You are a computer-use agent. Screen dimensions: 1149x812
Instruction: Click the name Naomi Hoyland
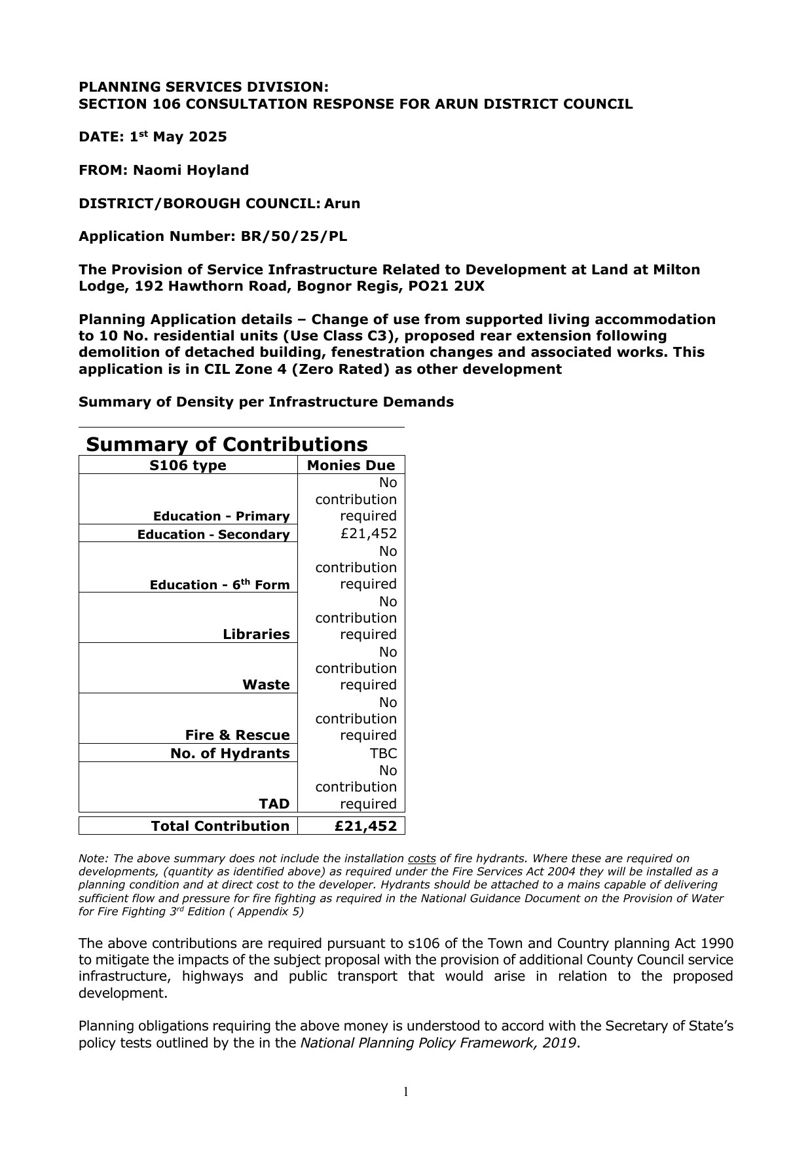191,170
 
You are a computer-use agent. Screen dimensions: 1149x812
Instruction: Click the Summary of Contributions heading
227,444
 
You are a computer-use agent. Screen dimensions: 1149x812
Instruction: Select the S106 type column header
188,465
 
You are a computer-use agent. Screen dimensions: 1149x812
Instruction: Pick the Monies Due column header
351,465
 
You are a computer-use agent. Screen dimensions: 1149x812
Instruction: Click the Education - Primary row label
221,516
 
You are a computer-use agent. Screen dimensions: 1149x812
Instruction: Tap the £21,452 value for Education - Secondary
369,534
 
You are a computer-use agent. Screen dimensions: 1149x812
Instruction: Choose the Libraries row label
256,634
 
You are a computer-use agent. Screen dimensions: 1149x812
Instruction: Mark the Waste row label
266,684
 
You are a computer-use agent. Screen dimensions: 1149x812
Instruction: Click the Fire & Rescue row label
237,735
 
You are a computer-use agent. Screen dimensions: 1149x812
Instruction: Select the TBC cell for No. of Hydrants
383,753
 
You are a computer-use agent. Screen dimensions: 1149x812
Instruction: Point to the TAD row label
274,803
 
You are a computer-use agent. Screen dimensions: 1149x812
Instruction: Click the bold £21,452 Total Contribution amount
365,826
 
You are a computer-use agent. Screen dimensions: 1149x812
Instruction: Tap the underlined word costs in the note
422,858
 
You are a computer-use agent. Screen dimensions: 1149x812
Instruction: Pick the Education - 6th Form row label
219,585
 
